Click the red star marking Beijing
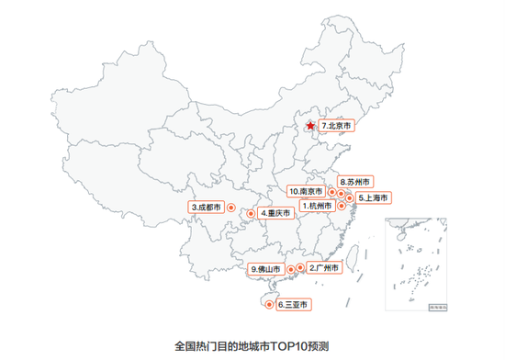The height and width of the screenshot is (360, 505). [x=310, y=126]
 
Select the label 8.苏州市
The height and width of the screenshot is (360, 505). [x=354, y=182]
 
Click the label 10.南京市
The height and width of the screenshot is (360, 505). [x=306, y=191]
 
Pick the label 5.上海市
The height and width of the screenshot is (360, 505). [x=375, y=197]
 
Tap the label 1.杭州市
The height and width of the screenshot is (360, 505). [x=317, y=206]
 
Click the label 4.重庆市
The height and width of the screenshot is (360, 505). [x=275, y=213]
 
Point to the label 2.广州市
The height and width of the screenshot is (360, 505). [x=324, y=268]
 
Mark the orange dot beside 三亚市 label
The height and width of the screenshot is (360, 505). [x=269, y=304]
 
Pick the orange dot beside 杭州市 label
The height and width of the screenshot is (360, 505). [x=341, y=206]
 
